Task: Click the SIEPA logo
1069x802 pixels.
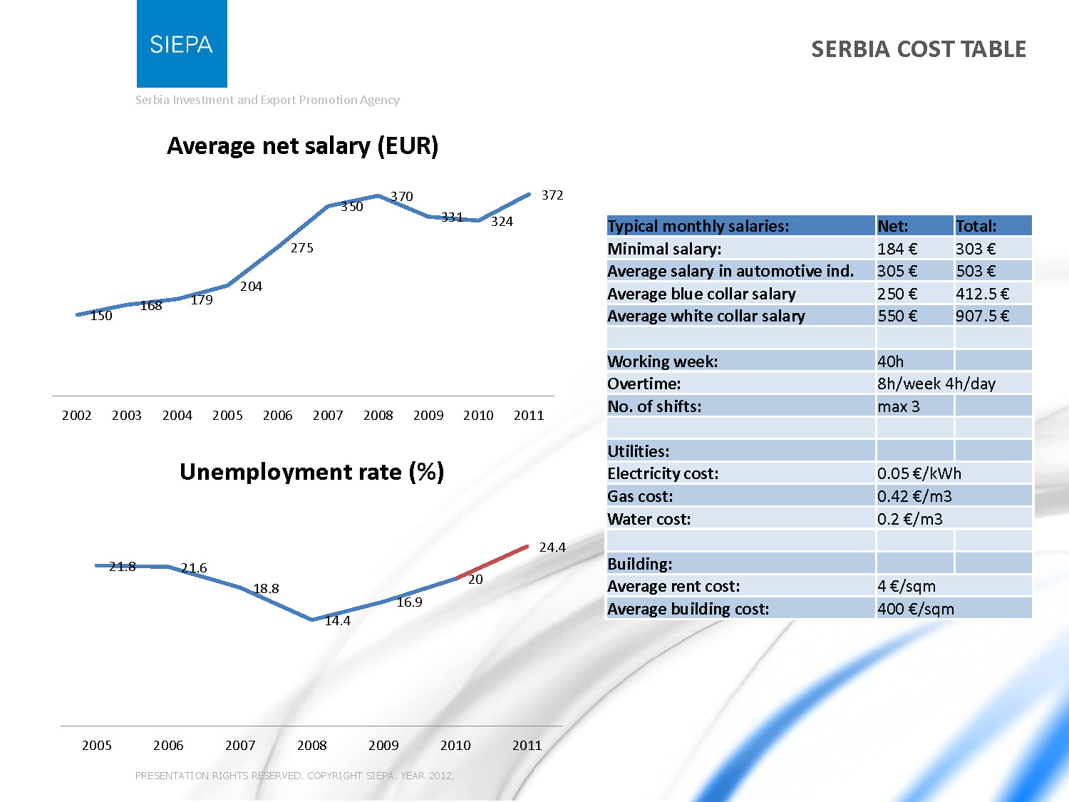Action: [x=182, y=44]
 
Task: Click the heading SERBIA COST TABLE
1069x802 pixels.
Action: [x=918, y=49]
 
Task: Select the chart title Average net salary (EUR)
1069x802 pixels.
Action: [x=302, y=146]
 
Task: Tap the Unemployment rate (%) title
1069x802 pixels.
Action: [x=311, y=472]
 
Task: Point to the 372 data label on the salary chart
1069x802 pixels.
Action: [x=552, y=195]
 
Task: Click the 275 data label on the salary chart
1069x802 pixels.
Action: [x=301, y=248]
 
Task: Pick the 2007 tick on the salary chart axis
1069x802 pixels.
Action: [x=328, y=416]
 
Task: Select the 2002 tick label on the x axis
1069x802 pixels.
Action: [x=76, y=416]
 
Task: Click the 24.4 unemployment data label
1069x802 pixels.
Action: [x=552, y=547]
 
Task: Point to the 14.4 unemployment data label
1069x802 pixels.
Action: [x=337, y=621]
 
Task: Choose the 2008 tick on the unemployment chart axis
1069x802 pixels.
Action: [x=311, y=746]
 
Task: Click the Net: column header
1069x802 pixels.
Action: [x=893, y=227]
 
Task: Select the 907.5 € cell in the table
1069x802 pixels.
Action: [x=982, y=316]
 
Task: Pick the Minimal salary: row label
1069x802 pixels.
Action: [x=664, y=249]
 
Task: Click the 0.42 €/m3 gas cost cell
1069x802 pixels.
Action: [x=914, y=496]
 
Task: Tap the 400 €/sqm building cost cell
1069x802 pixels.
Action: [x=916, y=609]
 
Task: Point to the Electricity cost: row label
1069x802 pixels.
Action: [x=663, y=473]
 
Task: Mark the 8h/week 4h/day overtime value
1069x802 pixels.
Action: [x=936, y=384]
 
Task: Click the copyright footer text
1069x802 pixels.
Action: [x=294, y=776]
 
